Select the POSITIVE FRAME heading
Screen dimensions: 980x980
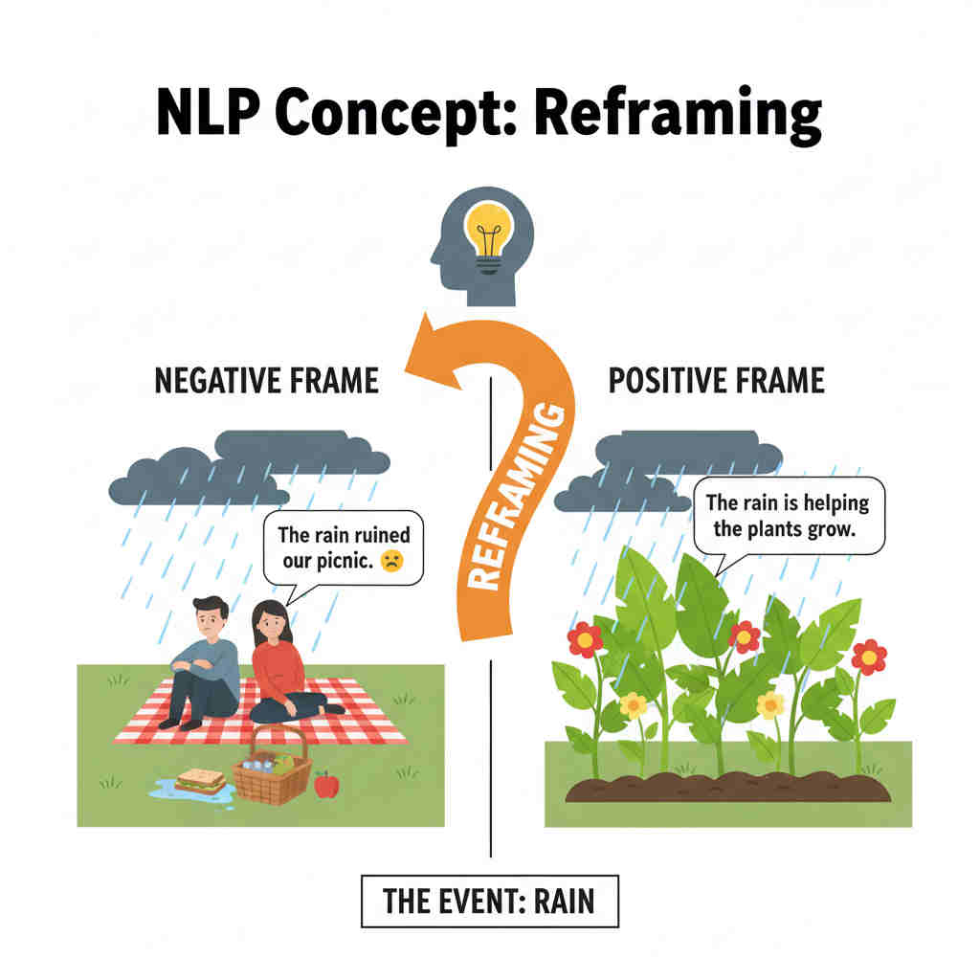[716, 381]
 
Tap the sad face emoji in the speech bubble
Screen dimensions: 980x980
[391, 563]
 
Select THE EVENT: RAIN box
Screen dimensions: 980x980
[489, 901]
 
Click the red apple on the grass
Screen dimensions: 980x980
[326, 785]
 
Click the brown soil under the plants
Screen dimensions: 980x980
[727, 787]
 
